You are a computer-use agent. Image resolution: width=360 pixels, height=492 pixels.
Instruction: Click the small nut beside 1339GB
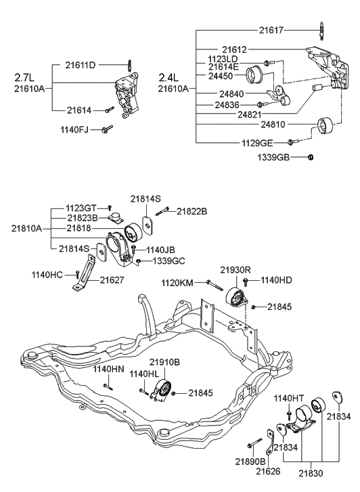(x=310, y=157)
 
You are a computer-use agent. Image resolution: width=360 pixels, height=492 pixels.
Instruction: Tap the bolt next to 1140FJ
(x=107, y=128)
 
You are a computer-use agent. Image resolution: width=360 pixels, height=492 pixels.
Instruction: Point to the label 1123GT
(x=82, y=208)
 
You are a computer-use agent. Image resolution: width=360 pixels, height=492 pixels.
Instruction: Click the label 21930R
(x=235, y=270)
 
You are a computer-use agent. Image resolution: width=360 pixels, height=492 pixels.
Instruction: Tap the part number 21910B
(x=164, y=362)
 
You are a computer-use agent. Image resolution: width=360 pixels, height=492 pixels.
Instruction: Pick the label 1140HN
(x=108, y=369)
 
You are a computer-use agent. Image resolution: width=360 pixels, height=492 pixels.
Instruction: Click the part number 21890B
(x=250, y=461)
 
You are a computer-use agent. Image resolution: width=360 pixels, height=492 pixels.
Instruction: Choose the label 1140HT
(x=289, y=399)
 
